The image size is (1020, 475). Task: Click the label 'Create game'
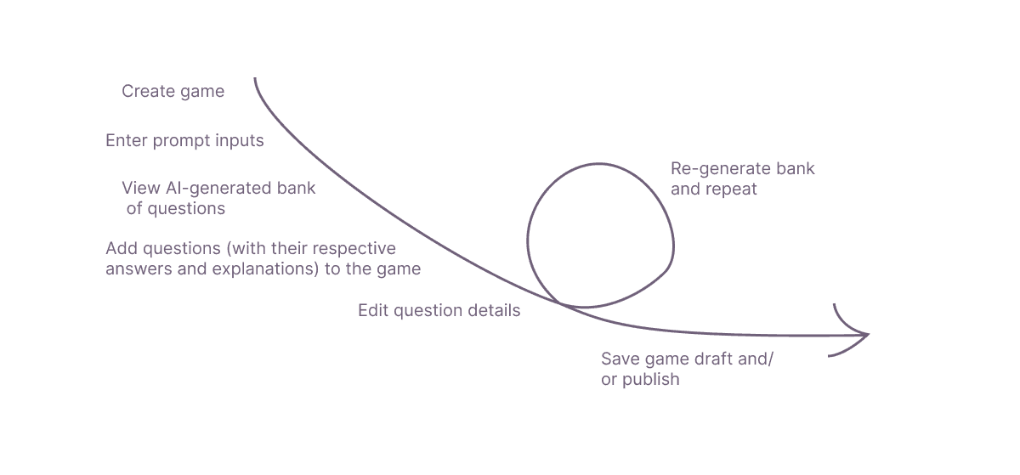pos(173,92)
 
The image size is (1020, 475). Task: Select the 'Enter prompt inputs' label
pos(184,141)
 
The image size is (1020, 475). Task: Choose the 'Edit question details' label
pos(439,311)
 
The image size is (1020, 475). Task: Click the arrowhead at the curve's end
pos(865,335)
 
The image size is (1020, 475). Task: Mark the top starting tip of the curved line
pos(254,80)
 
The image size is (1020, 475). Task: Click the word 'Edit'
pos(373,311)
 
